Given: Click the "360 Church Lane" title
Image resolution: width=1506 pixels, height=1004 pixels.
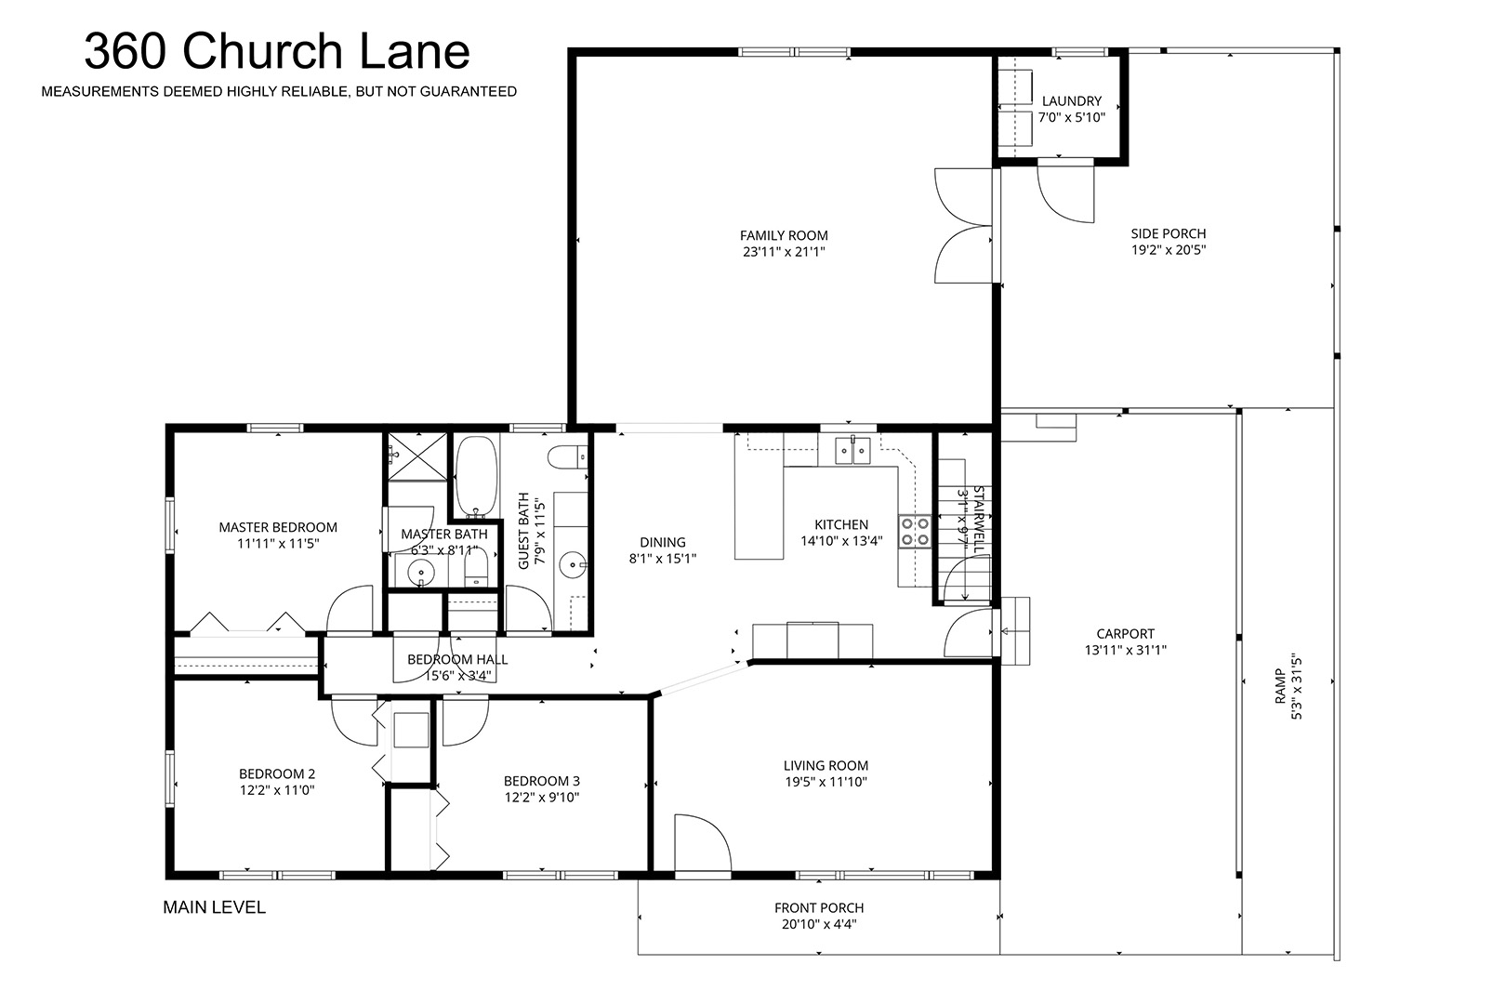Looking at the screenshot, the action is pyautogui.click(x=277, y=51).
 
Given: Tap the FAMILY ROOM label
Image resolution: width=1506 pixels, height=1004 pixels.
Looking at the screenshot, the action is pyautogui.click(x=784, y=235).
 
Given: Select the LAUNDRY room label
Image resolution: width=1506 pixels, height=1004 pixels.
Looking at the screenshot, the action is pyautogui.click(x=1072, y=101).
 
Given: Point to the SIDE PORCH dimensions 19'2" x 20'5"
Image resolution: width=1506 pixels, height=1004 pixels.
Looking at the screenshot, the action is pyautogui.click(x=1169, y=250).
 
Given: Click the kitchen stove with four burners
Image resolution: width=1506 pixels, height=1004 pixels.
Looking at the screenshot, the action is pyautogui.click(x=915, y=531).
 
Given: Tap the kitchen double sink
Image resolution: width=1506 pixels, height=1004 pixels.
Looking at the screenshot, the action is pyautogui.click(x=853, y=450).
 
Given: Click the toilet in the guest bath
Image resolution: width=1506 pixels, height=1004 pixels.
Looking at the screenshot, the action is pyautogui.click(x=567, y=458).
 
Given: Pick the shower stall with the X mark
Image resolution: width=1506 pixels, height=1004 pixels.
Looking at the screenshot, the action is pyautogui.click(x=417, y=456).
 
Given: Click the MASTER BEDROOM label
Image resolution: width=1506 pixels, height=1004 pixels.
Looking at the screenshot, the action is pyautogui.click(x=278, y=527).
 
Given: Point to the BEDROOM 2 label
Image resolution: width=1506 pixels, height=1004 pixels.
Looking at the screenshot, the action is pyautogui.click(x=277, y=774).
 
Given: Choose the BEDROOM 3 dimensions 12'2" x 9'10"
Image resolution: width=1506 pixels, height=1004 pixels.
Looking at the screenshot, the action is pyautogui.click(x=542, y=798).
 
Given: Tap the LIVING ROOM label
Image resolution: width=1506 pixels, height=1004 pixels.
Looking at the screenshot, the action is pyautogui.click(x=826, y=765).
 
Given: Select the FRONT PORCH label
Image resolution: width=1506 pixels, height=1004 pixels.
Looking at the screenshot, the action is pyautogui.click(x=819, y=908).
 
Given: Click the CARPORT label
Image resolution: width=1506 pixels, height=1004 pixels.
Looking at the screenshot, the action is pyautogui.click(x=1125, y=633).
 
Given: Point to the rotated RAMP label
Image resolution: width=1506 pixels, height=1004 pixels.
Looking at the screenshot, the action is pyautogui.click(x=1280, y=686).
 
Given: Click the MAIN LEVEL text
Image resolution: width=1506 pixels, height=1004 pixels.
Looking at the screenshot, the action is pyautogui.click(x=215, y=907).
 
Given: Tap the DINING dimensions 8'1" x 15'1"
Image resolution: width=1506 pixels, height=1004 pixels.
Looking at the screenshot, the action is pyautogui.click(x=663, y=558).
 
